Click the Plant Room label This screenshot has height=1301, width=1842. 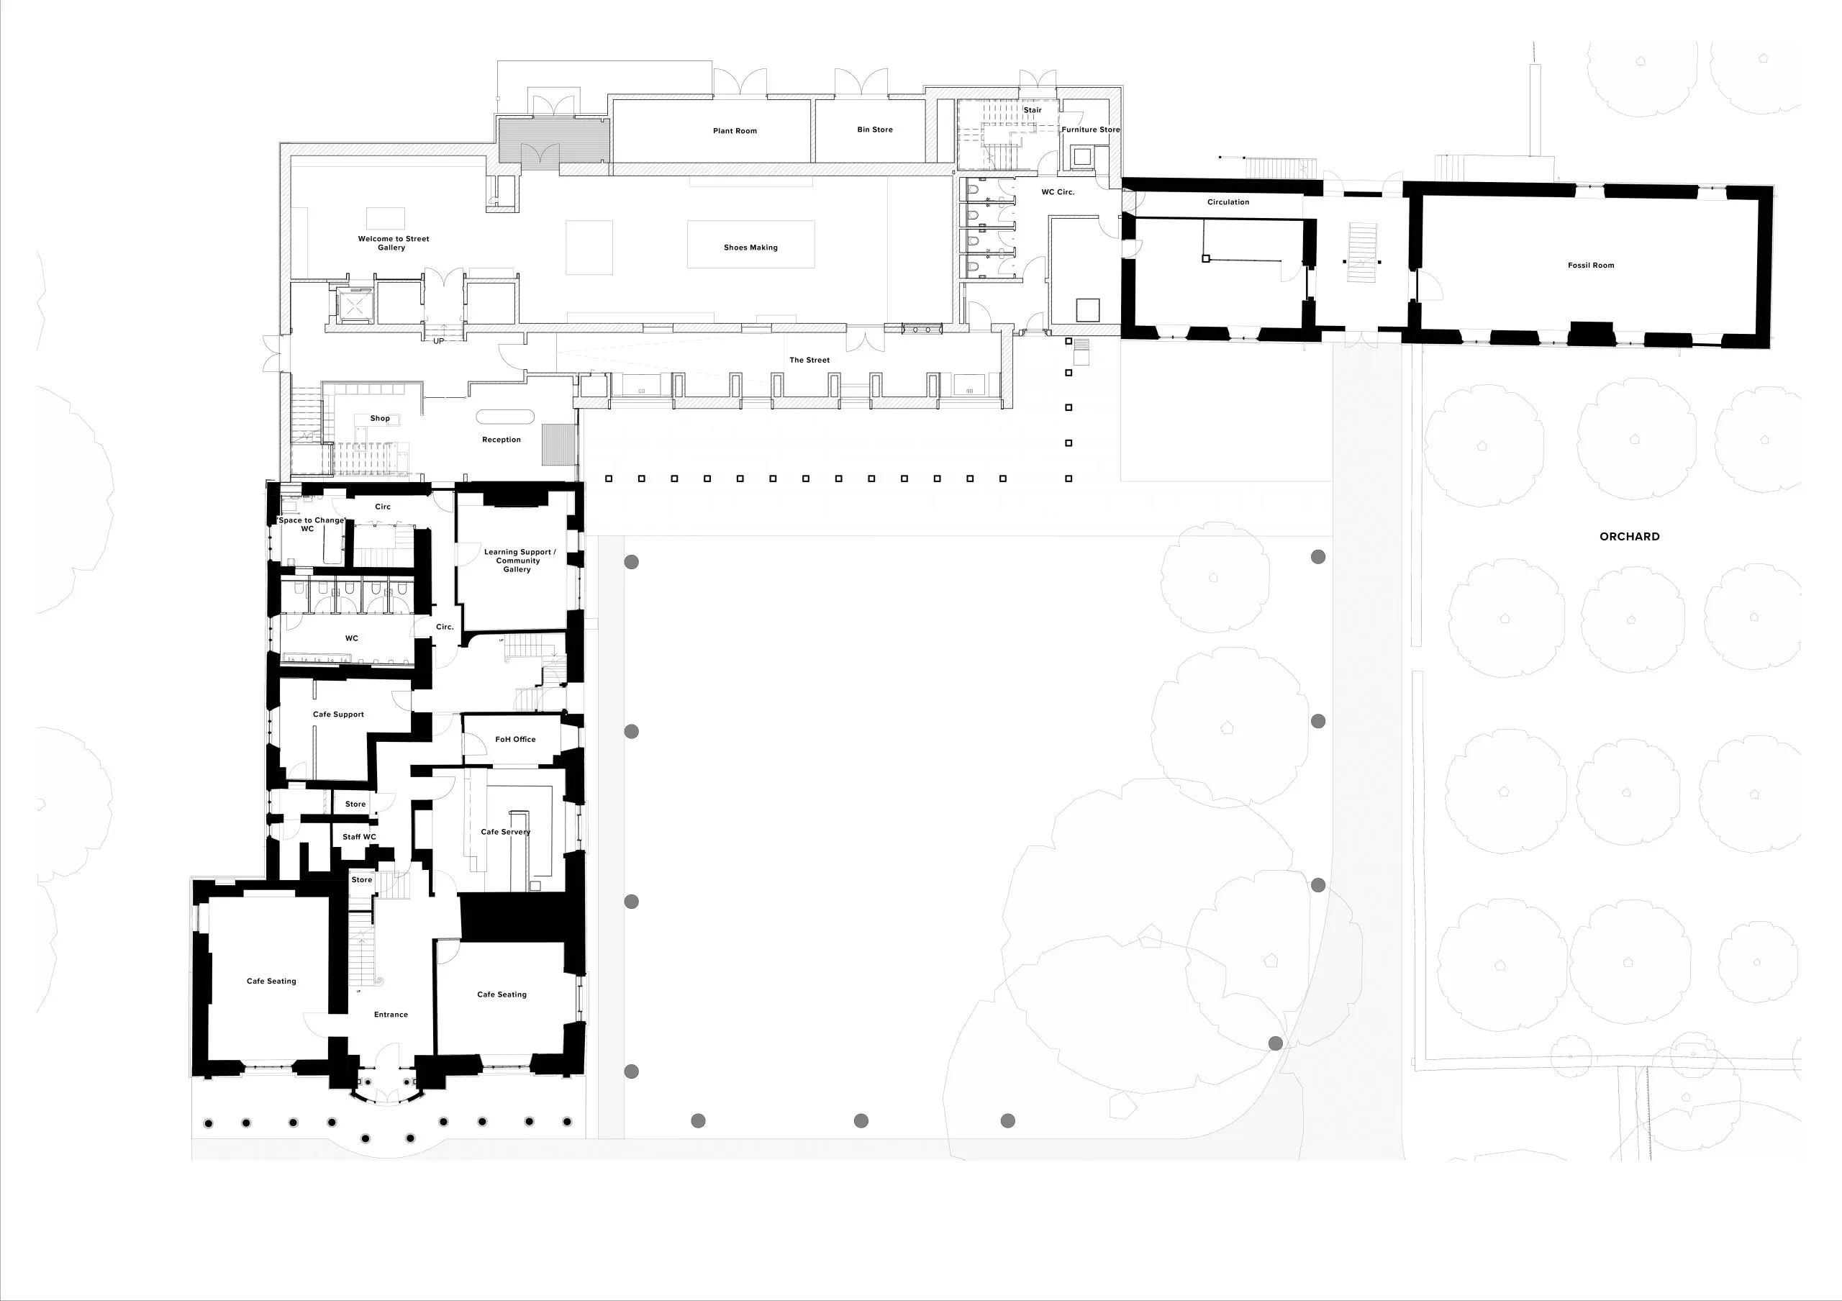pyautogui.click(x=735, y=131)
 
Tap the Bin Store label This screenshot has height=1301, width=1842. pyautogui.click(x=874, y=129)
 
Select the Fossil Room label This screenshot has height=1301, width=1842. pyautogui.click(x=1591, y=265)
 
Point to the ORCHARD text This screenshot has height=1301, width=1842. pyautogui.click(x=1630, y=537)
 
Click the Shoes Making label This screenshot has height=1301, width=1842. pyautogui.click(x=751, y=247)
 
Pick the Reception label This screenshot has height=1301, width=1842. pyautogui.click(x=502, y=440)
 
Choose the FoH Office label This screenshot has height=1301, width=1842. pyautogui.click(x=515, y=740)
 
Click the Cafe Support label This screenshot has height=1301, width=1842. pyautogui.click(x=339, y=714)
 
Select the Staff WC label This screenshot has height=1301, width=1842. pyautogui.click(x=360, y=837)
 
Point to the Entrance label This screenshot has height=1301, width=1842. pyautogui.click(x=391, y=1015)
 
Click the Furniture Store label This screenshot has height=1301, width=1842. pyautogui.click(x=1090, y=129)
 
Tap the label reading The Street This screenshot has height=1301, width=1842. pyautogui.click(x=809, y=360)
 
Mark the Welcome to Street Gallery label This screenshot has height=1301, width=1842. pyautogui.click(x=393, y=243)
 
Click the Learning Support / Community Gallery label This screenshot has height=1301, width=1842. pyautogui.click(x=519, y=561)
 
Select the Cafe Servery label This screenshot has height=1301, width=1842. pyautogui.click(x=505, y=832)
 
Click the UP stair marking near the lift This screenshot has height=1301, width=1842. pyautogui.click(x=439, y=341)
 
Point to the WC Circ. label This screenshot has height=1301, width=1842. pyautogui.click(x=1058, y=191)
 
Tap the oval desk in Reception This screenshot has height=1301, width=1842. pyautogui.click(x=505, y=417)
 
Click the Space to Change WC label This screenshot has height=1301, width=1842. pyautogui.click(x=310, y=525)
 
